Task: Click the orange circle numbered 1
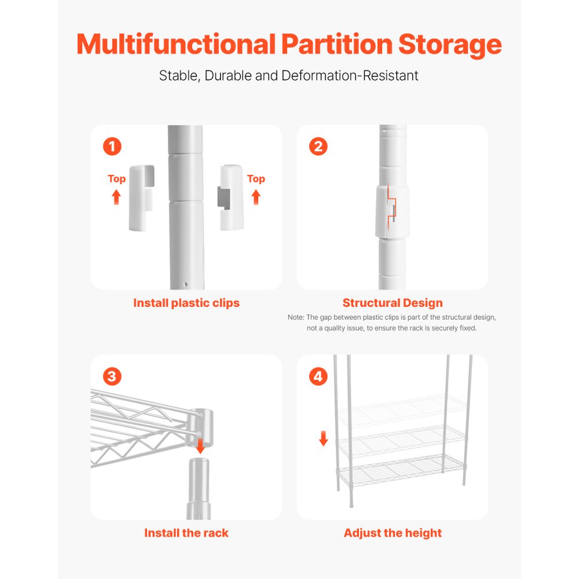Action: [x=112, y=146]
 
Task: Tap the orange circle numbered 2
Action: [x=318, y=146]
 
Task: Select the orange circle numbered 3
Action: [x=112, y=376]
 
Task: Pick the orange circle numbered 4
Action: [x=318, y=376]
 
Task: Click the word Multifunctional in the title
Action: [x=175, y=45]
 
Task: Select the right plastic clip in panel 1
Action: [x=232, y=197]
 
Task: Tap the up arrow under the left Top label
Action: [x=116, y=197]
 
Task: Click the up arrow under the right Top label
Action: [x=256, y=197]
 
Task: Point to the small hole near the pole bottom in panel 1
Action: [x=185, y=285]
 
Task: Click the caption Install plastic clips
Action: [x=186, y=303]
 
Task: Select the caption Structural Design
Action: [x=392, y=303]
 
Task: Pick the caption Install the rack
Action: [x=186, y=533]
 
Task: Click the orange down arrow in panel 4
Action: [x=324, y=439]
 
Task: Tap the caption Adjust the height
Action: [x=392, y=533]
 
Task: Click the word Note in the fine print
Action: [x=295, y=317]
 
